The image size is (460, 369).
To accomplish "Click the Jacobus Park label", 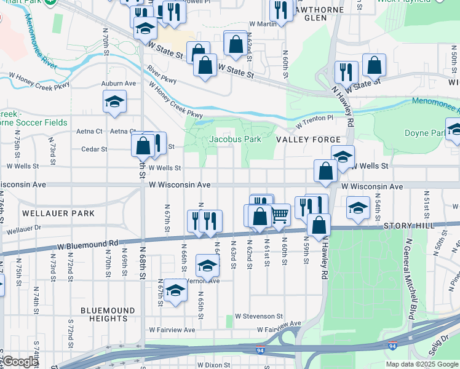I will (x=235, y=139).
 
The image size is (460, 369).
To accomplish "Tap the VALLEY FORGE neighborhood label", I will (x=308, y=140).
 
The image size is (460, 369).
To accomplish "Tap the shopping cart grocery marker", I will (x=280, y=215).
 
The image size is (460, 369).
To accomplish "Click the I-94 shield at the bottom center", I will (x=261, y=350).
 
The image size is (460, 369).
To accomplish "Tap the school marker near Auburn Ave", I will (x=114, y=101).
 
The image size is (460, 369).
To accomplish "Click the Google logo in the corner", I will (x=20, y=362).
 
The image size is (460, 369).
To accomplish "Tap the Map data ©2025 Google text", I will (x=422, y=364).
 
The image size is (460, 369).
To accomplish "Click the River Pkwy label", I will (x=162, y=81).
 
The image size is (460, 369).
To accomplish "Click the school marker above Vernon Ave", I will (x=207, y=266).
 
